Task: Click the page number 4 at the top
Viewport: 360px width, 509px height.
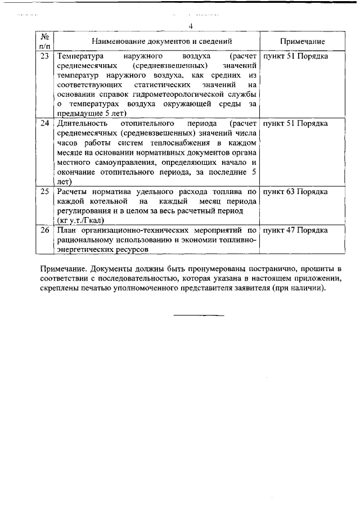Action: [191, 26]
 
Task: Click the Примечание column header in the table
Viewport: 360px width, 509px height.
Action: [301, 42]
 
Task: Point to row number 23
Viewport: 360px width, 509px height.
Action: [45, 57]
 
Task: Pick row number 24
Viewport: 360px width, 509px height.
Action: [45, 123]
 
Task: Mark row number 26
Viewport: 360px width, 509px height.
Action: [45, 230]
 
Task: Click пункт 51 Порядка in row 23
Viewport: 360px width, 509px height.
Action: [296, 57]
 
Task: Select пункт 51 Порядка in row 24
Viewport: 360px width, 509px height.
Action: [296, 123]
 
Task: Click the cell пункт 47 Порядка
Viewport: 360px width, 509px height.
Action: [296, 230]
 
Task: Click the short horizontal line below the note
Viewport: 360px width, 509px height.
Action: [198, 314]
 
